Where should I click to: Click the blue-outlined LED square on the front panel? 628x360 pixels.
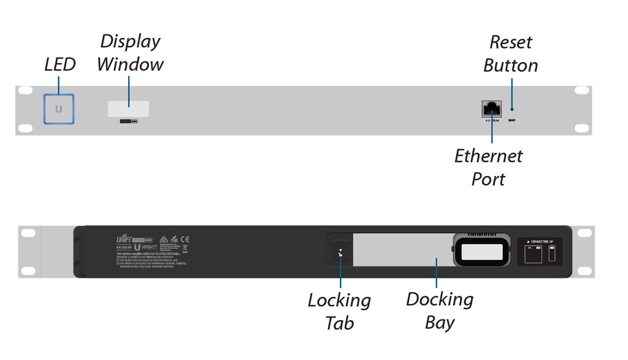point(59,109)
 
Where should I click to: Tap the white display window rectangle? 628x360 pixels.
point(128,109)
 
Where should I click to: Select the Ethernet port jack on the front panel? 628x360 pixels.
point(492,109)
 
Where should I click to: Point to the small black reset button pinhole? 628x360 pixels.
point(512,109)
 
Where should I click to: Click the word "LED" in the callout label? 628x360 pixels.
point(60,64)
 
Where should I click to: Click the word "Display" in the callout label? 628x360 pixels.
point(130,42)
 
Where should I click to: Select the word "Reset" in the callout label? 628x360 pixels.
point(510,42)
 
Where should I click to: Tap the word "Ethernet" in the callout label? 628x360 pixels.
point(488,156)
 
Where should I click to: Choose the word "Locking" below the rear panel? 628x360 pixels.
point(339,301)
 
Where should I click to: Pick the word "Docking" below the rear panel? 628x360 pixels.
point(440,300)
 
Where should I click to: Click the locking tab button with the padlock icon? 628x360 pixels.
point(341,252)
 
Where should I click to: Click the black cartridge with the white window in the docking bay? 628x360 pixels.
point(481,251)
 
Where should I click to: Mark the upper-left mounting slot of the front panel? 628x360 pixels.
point(25,90)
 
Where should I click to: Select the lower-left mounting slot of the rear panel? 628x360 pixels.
point(27,270)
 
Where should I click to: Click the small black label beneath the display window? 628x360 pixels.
point(128,121)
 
